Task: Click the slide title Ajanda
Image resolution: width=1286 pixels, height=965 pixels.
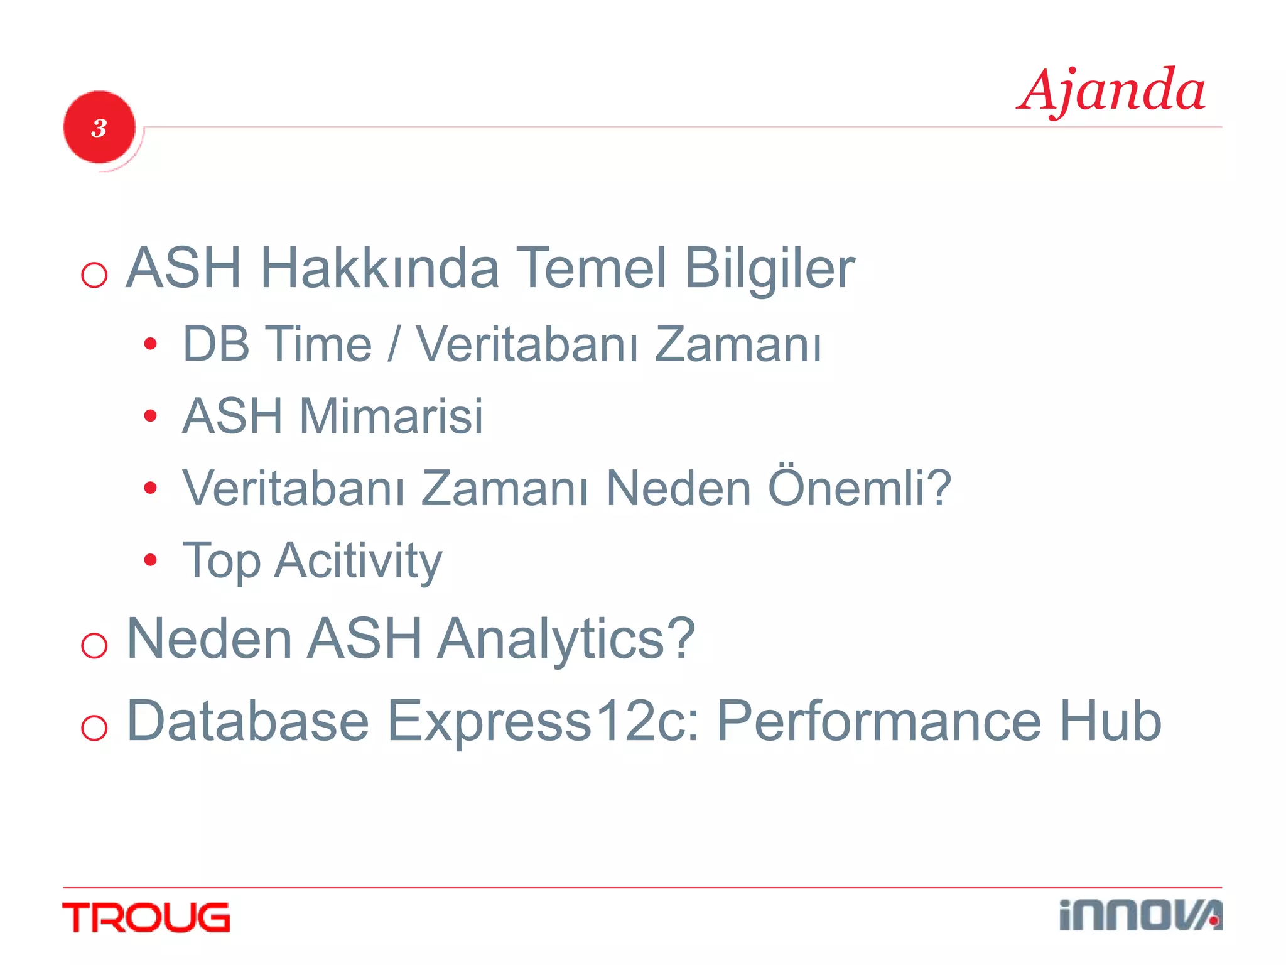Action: coord(1111,91)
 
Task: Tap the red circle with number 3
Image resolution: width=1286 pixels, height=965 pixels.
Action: coord(99,128)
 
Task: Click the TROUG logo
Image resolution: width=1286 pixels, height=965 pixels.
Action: coord(146,917)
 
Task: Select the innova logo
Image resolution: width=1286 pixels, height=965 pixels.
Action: coord(1140,915)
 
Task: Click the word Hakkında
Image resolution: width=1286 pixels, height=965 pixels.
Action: coord(379,268)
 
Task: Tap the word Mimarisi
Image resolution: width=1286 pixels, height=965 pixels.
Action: coord(391,416)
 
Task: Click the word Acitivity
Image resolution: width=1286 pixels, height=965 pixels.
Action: coord(359,560)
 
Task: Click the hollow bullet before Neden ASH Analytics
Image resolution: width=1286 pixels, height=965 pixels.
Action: coord(94,645)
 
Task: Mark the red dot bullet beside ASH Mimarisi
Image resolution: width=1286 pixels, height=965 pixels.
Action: coord(149,416)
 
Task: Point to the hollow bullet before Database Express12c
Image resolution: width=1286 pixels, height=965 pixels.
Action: coord(94,728)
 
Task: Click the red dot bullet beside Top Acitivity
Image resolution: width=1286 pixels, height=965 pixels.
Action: coord(149,560)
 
